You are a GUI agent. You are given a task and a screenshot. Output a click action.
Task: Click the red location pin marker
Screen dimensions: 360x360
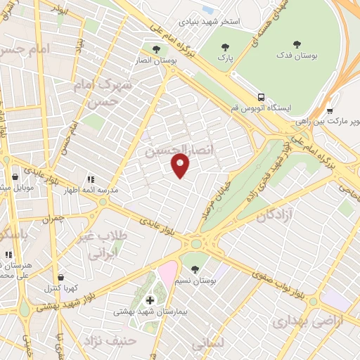tap(181, 166)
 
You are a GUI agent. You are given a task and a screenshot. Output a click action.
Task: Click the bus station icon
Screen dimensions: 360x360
tap(262, 97)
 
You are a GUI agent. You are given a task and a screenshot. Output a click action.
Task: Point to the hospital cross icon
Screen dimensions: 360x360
tap(149, 300)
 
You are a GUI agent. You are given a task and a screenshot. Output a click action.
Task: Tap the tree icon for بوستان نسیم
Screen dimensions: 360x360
tap(195, 269)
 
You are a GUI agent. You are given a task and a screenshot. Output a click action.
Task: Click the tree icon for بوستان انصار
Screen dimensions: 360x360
tap(156, 49)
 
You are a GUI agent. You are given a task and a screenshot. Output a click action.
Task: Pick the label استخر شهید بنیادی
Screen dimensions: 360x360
tap(209, 21)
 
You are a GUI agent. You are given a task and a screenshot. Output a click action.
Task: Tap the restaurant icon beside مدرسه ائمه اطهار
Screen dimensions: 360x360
tap(90, 179)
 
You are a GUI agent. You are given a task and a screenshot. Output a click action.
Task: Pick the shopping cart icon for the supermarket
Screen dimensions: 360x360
tap(330, 110)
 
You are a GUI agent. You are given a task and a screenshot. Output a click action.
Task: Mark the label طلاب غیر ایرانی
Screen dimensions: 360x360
tap(103, 243)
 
